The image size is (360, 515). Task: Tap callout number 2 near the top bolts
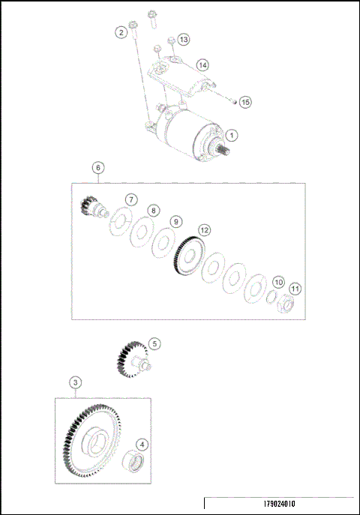tap(120, 31)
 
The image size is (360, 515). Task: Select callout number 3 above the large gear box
tap(76, 382)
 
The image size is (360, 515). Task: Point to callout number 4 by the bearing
tap(142, 444)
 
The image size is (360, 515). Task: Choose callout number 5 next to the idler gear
tap(154, 343)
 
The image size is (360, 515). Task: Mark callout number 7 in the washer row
tap(131, 199)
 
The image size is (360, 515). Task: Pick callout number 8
tap(153, 211)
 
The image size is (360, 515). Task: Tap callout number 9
tap(175, 222)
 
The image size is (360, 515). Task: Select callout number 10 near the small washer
tap(277, 282)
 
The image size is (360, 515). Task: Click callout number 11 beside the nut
tap(295, 288)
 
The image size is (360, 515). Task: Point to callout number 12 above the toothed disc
tap(204, 230)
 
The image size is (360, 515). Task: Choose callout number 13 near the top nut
tap(184, 39)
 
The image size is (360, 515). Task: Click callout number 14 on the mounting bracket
tap(202, 64)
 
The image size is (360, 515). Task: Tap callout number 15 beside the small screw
tap(246, 100)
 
